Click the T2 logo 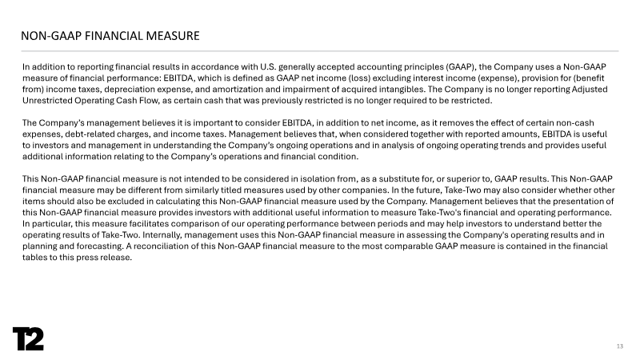coord(27,338)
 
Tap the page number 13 coord(619,346)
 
